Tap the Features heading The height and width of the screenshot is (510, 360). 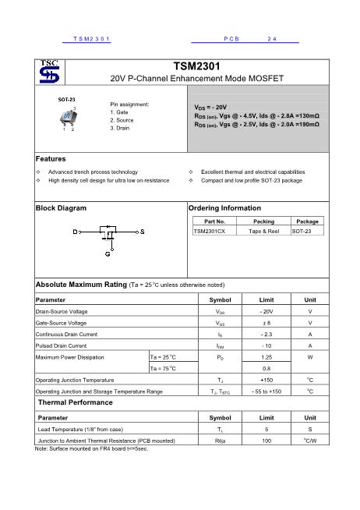tap(51, 159)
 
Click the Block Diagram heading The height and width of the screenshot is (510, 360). tap(62, 208)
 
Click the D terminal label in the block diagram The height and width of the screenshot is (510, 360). tap(76, 232)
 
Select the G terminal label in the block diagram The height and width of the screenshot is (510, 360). tap(108, 253)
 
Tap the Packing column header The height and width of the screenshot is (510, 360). tap(264, 221)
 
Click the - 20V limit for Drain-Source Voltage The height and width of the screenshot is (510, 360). tap(266, 311)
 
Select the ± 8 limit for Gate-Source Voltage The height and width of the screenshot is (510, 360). tap(266, 322)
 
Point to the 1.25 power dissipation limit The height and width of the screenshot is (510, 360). tap(266, 356)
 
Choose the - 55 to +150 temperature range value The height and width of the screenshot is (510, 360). tap(266, 391)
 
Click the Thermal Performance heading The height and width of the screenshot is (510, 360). tap(76, 402)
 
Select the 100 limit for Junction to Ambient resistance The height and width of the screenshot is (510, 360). tap(266, 441)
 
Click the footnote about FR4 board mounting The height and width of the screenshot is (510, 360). tap(81, 449)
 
